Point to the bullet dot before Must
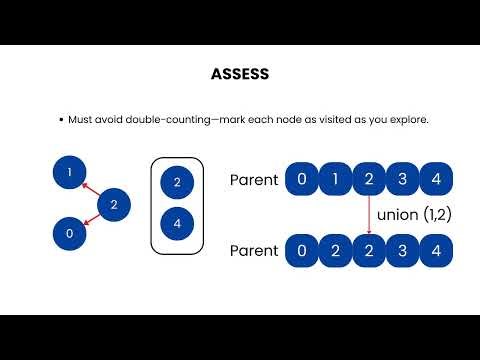(62, 119)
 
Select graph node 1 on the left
(69, 173)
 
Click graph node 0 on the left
(69, 233)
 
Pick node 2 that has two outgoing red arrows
(114, 205)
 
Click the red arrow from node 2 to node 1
(92, 189)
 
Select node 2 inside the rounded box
(177, 182)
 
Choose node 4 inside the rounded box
(177, 223)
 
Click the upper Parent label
(253, 180)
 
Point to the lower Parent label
(253, 250)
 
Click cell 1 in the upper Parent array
(335, 180)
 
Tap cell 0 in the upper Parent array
(301, 180)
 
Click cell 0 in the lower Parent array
(301, 250)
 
